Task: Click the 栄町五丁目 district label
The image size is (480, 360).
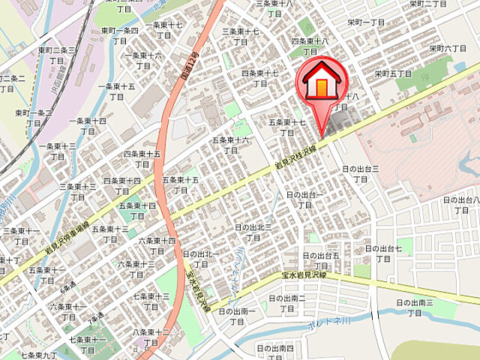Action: tap(393, 73)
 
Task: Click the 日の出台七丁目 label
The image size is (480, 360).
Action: tap(384, 253)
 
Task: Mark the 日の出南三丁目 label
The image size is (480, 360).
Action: tap(415, 307)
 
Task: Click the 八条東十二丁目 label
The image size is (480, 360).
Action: tap(151, 337)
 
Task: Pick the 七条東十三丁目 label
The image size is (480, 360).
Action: tap(151, 301)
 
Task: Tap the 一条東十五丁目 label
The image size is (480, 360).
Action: tap(116, 91)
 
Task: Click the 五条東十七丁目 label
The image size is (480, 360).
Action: tap(287, 127)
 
